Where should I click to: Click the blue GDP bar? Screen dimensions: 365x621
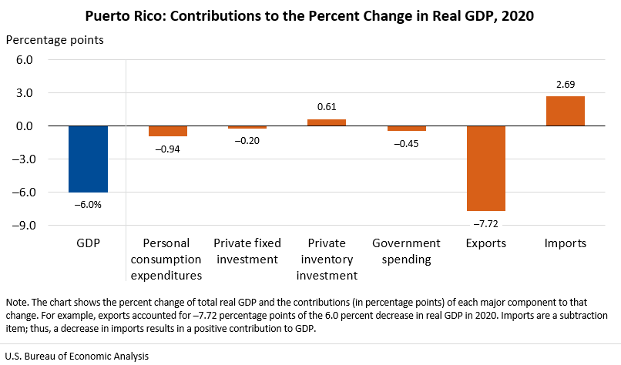pos(88,159)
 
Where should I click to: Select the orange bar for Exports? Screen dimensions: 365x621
pos(485,168)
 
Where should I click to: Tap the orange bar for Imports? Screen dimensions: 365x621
pos(565,111)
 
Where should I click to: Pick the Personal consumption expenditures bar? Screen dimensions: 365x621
pos(167,131)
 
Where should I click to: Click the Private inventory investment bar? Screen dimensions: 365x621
pos(327,122)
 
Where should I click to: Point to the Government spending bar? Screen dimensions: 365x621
pos(406,129)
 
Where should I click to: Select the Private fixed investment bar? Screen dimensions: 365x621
pos(247,127)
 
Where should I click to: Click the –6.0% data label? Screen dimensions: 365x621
pos(88,204)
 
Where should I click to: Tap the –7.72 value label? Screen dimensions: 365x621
pos(485,223)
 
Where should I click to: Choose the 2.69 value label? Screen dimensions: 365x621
pos(565,85)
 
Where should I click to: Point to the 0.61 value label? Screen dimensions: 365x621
pos(327,108)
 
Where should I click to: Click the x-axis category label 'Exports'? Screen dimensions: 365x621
pos(485,243)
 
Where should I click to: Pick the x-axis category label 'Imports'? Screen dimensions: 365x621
pos(565,243)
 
